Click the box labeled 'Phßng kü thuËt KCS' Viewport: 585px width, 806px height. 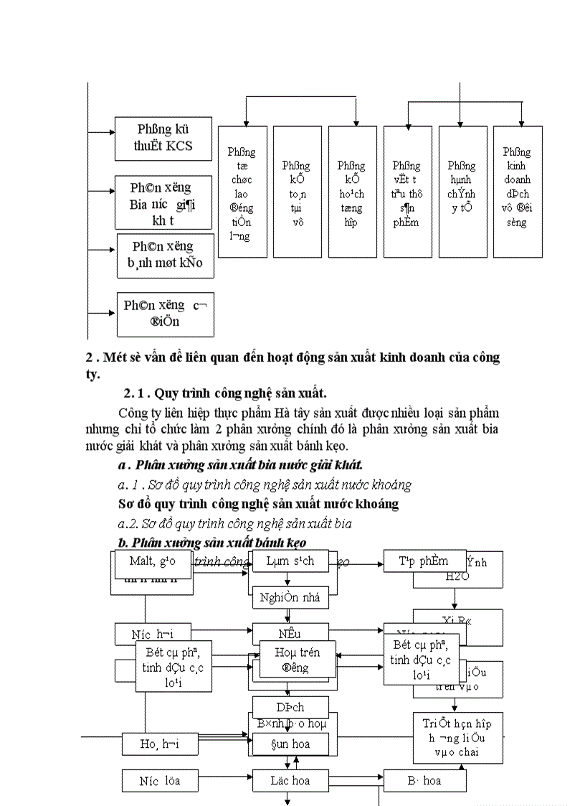[163, 139]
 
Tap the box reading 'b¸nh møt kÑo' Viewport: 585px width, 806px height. [166, 255]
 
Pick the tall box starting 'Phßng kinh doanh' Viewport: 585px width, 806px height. [517, 192]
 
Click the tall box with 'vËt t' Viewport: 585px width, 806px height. [407, 192]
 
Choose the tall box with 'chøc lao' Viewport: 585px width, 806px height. [242, 192]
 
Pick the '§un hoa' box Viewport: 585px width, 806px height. [290, 744]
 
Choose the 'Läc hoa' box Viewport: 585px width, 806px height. [290, 780]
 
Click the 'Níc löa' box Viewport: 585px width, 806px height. [160, 781]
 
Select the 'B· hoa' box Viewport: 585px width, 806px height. [424, 780]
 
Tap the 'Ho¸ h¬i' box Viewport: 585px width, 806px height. [159, 744]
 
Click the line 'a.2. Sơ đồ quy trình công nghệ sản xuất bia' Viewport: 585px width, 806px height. [234, 523]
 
